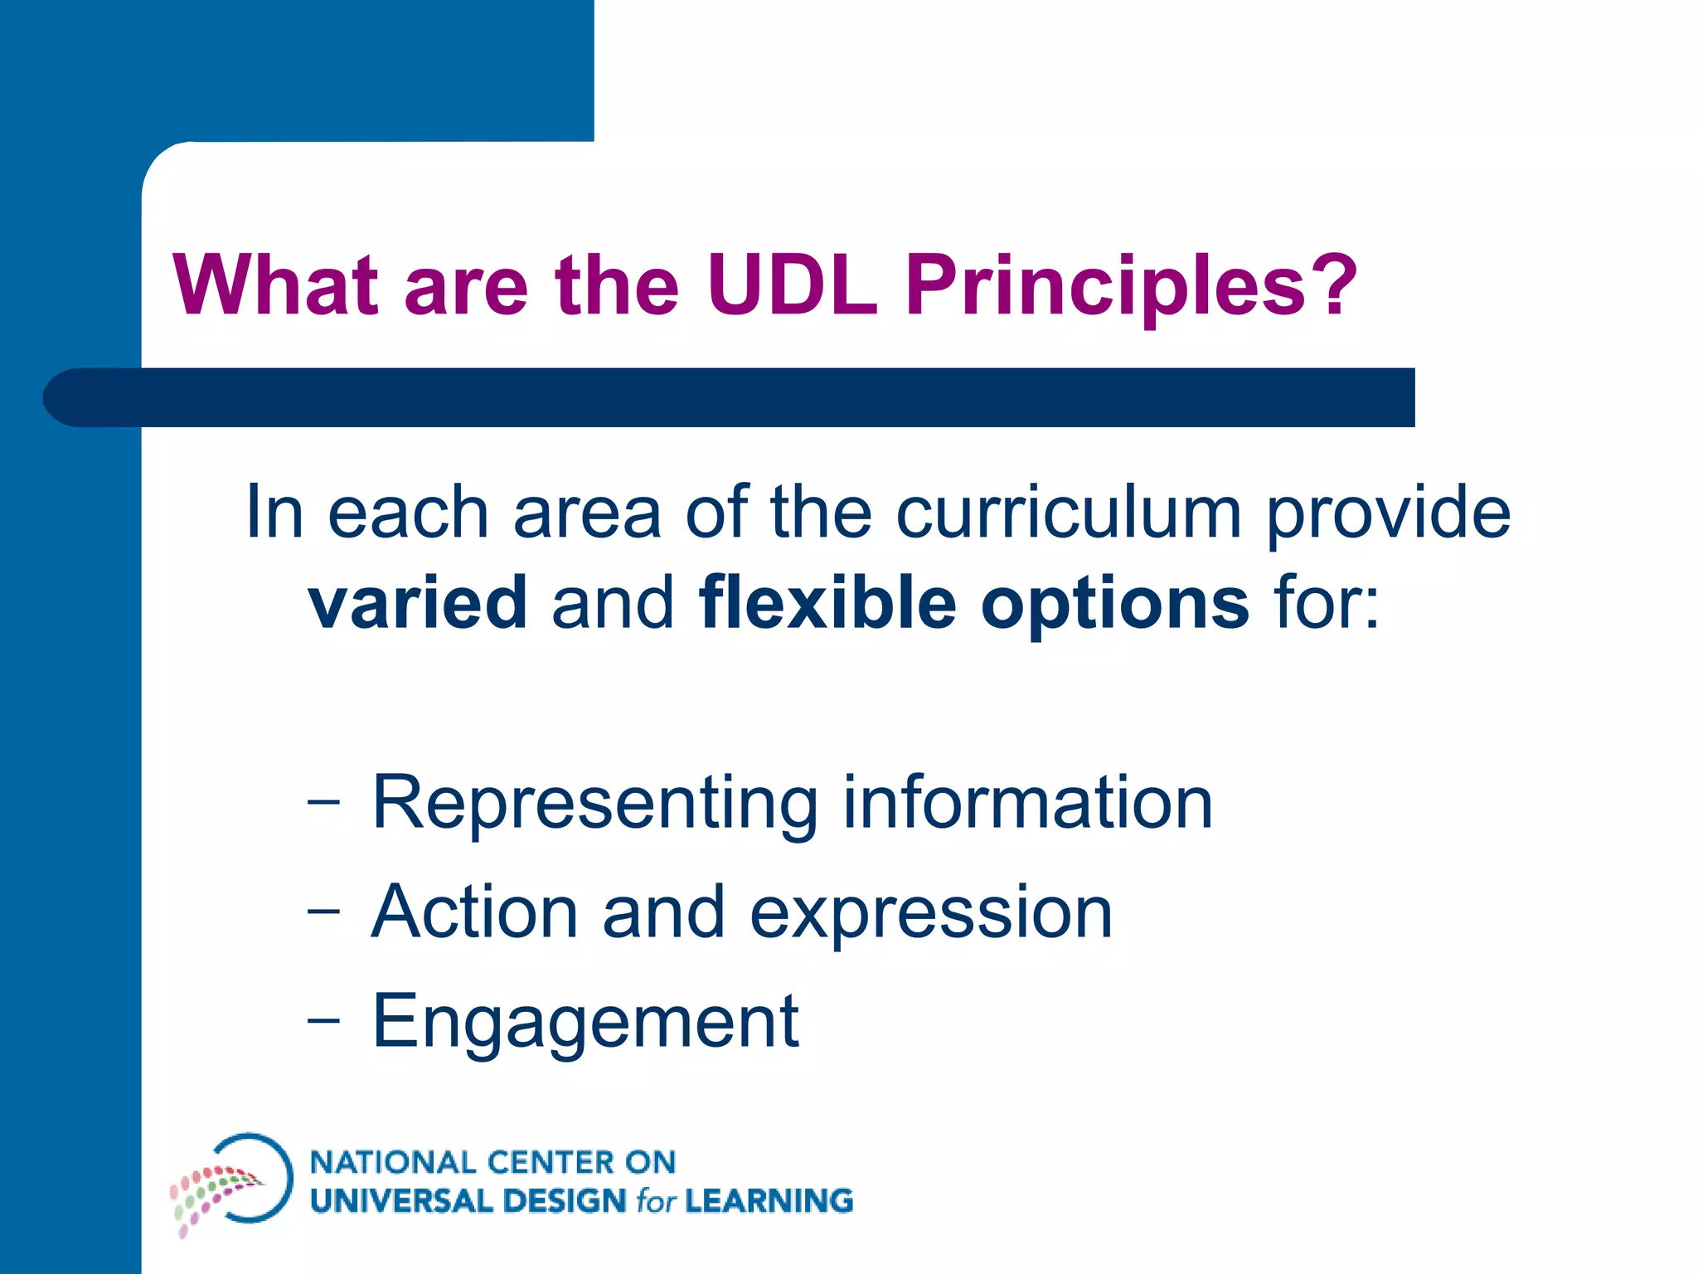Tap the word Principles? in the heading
click(x=1131, y=286)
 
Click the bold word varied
click(x=418, y=602)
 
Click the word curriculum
click(x=1068, y=513)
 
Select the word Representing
click(x=595, y=804)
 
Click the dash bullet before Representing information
click(x=323, y=801)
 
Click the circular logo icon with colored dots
click(x=232, y=1182)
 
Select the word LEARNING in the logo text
click(x=769, y=1201)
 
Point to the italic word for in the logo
click(x=656, y=1201)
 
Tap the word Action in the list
click(x=474, y=912)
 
